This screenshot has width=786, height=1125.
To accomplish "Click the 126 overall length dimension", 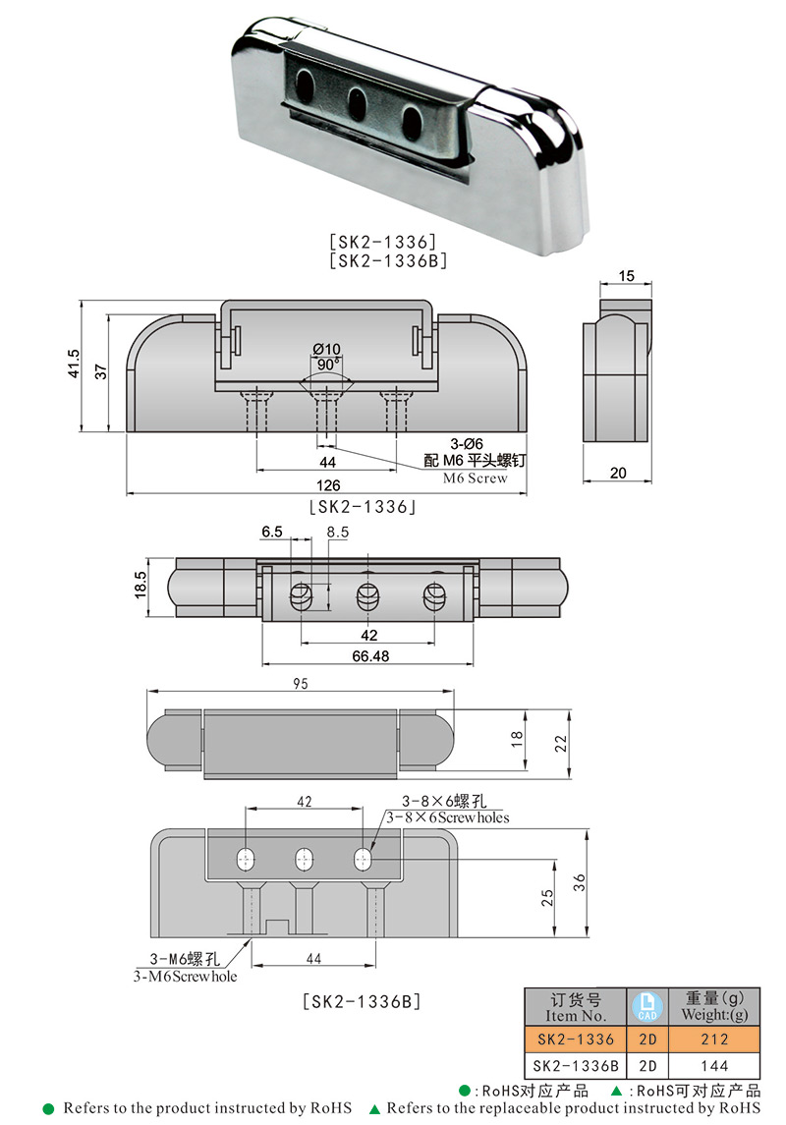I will tap(328, 485).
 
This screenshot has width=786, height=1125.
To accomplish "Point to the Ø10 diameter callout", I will tap(326, 349).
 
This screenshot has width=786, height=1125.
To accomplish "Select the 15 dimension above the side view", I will tap(626, 276).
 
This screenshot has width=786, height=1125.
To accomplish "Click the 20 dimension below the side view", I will tap(617, 473).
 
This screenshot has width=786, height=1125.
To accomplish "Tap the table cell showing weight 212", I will tap(714, 1039).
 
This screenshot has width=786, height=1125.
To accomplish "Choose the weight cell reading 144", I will tap(714, 1065).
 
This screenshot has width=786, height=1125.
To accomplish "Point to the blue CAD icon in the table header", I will tap(647, 1005).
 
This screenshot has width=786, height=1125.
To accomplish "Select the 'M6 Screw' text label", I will tap(475, 478).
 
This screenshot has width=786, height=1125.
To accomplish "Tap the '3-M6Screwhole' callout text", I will tap(185, 976).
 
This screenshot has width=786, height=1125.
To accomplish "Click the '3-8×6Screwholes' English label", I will tap(447, 816).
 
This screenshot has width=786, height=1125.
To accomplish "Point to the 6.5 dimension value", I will tap(272, 532).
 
